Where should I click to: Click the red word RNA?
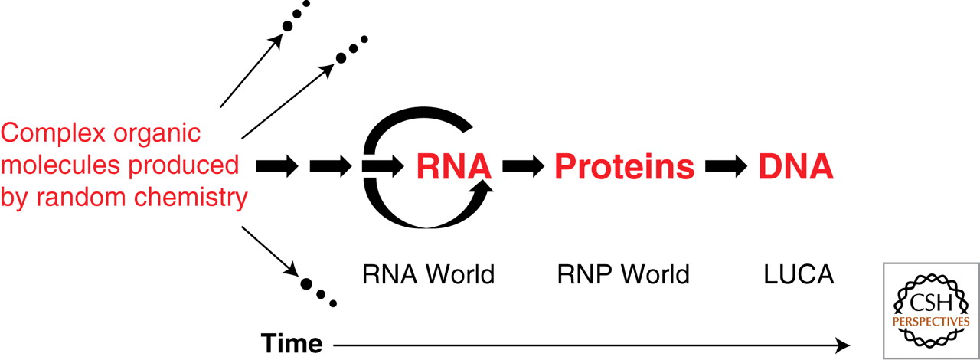(x=454, y=166)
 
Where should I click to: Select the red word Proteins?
(x=625, y=166)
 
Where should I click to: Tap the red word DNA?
(x=795, y=166)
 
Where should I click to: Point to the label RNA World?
(x=428, y=274)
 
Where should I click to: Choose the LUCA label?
(x=798, y=274)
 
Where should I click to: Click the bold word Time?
(x=291, y=344)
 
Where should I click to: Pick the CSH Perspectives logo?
(x=930, y=311)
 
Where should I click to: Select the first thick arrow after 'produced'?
(x=276, y=166)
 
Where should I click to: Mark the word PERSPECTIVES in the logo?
(x=930, y=322)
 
